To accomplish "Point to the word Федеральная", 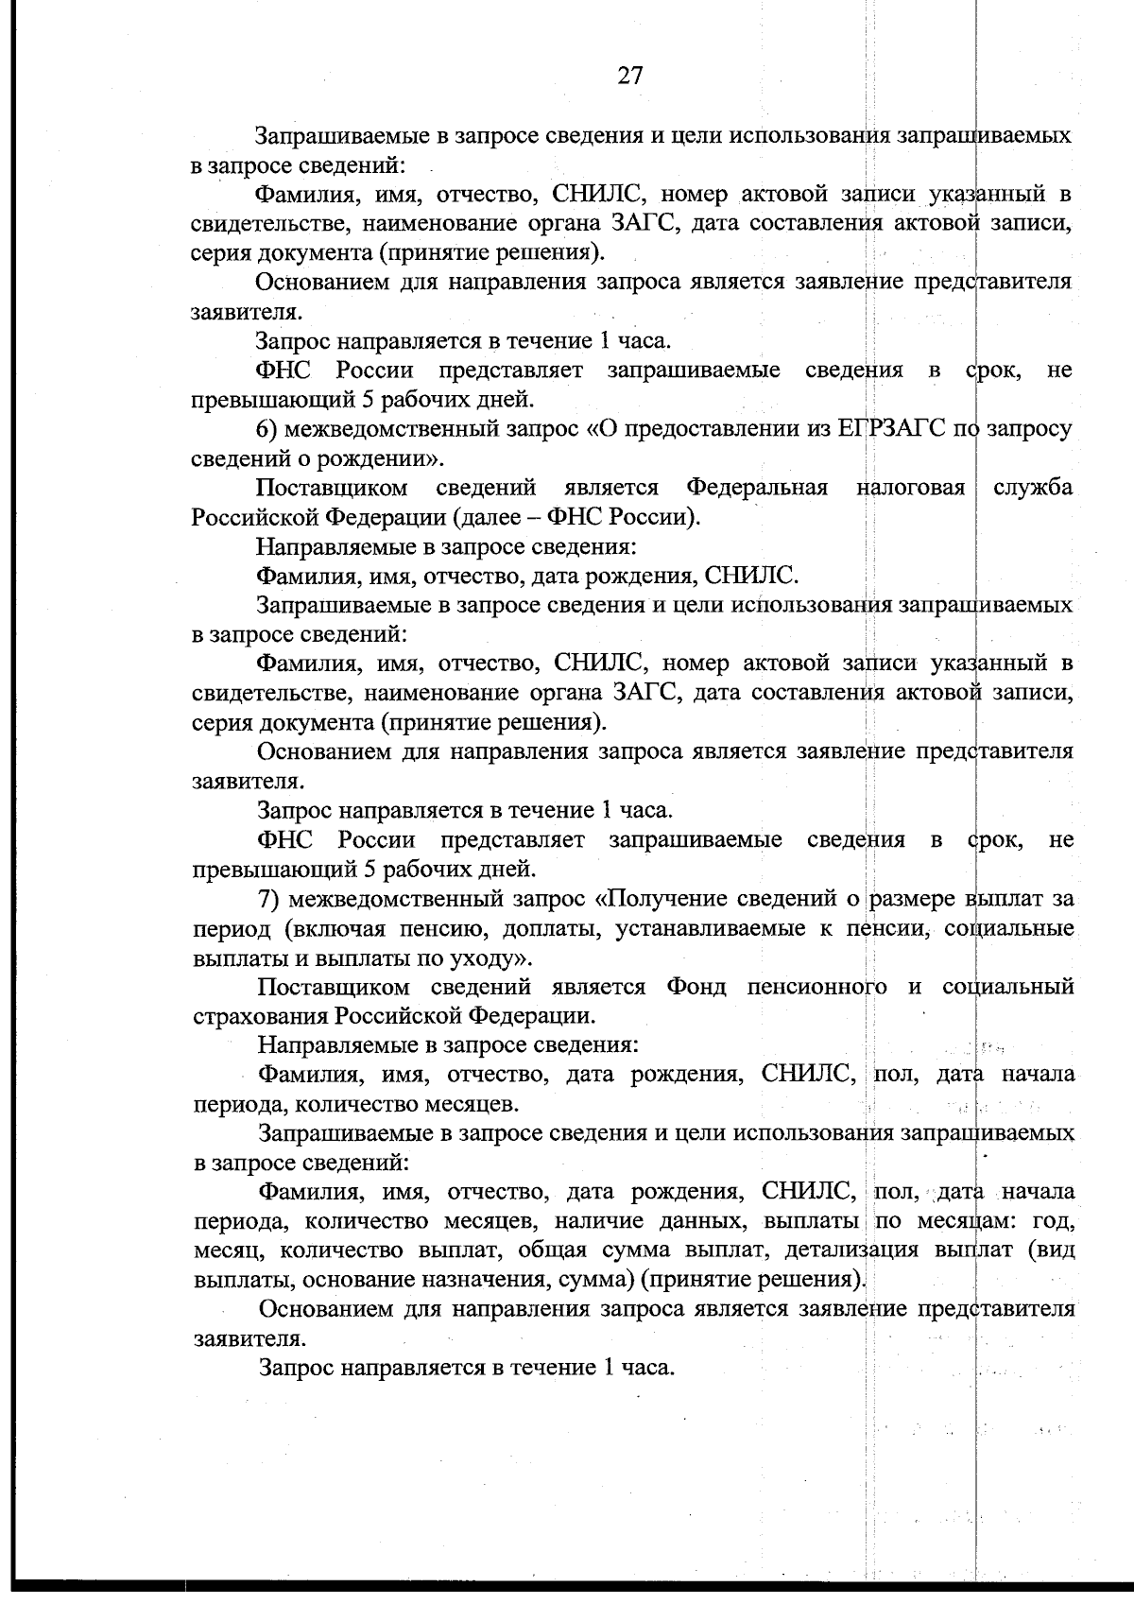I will (x=756, y=488).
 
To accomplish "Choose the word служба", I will (x=1034, y=488).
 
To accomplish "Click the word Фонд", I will (x=696, y=987).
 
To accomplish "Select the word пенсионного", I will (x=816, y=987).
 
